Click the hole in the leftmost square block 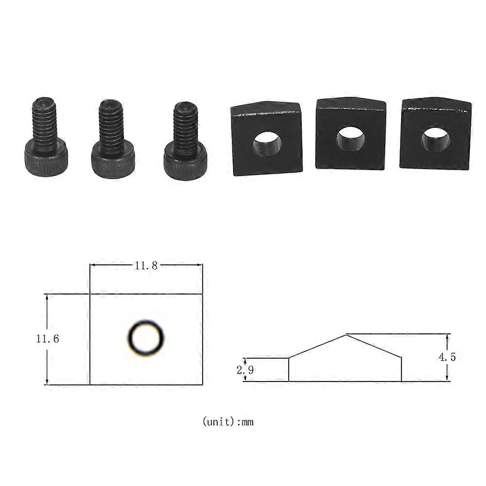coord(267,143)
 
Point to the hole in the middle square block coord(350,139)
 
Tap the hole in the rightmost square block coord(435,139)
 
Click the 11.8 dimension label coord(146,266)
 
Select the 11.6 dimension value coord(48,339)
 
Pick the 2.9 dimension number coord(245,370)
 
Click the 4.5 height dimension coord(447,357)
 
